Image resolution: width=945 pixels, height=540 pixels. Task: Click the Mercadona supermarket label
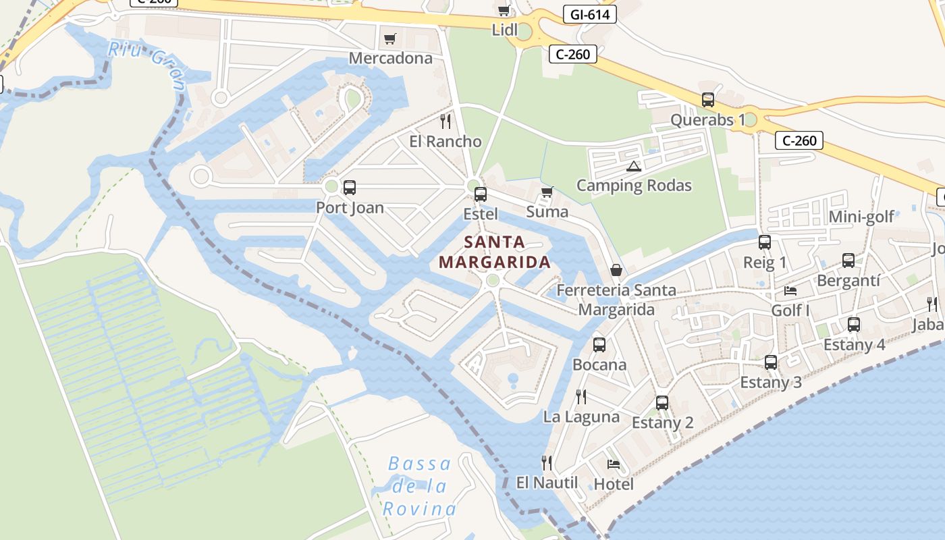point(390,58)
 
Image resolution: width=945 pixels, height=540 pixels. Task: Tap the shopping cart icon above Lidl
point(504,10)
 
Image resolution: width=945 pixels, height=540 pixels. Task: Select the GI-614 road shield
point(589,14)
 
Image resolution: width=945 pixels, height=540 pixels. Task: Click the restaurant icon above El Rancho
point(445,122)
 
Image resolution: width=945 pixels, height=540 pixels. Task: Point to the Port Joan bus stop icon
point(349,188)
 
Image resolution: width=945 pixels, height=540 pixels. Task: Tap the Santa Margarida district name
point(495,252)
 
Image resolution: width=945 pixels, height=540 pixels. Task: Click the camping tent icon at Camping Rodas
point(633,166)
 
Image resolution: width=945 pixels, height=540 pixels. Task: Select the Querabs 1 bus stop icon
point(707,100)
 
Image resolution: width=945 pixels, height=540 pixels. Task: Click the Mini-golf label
point(861,217)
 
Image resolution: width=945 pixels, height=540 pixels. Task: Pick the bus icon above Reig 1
point(764,242)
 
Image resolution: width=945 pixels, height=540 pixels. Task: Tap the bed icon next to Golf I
point(790,291)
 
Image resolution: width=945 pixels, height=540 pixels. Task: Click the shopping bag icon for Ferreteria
point(616,270)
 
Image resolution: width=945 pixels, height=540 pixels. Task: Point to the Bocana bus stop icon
point(599,345)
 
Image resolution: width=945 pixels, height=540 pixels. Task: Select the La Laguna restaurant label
point(581,416)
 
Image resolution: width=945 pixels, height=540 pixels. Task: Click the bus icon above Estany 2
point(661,403)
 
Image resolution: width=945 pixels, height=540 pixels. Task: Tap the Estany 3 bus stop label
point(771,382)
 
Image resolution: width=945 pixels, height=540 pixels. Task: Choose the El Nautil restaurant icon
point(547,462)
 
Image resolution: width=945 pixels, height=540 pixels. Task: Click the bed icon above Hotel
point(613,464)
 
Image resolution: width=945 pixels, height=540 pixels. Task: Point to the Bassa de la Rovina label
point(419,486)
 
